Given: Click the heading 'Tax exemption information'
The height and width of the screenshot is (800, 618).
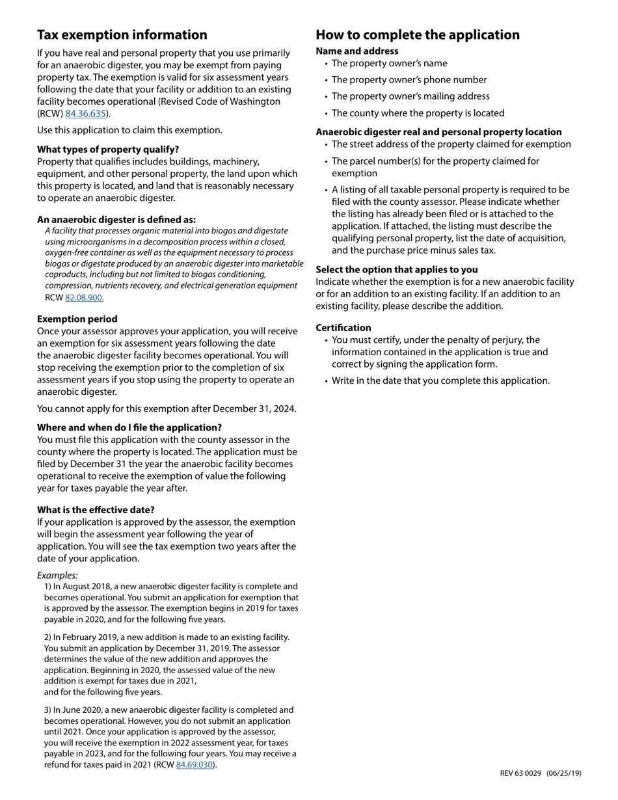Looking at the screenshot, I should click(x=122, y=35).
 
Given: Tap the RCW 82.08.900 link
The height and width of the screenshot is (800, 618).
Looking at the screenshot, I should click(x=84, y=298).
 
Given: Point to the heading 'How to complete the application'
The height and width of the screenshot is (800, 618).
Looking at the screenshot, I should click(x=418, y=35).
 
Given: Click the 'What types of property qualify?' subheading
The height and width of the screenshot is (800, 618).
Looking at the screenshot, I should click(x=108, y=149).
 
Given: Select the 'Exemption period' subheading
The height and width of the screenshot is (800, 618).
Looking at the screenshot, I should click(x=77, y=319).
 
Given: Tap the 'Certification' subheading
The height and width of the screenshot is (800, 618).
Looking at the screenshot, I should click(x=343, y=328).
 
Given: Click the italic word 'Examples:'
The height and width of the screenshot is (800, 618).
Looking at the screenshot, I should click(x=57, y=575).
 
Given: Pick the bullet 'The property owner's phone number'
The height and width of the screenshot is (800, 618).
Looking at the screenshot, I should click(x=409, y=80).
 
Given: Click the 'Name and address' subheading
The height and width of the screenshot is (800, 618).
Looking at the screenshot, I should click(x=357, y=51).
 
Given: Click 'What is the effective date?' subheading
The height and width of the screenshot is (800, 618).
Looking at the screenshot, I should click(x=96, y=510).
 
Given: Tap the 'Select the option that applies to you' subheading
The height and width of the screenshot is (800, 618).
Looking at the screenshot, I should click(x=397, y=269).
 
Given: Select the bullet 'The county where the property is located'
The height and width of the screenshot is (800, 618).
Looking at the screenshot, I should click(x=418, y=113).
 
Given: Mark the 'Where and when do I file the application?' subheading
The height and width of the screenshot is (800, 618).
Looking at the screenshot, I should click(x=129, y=427).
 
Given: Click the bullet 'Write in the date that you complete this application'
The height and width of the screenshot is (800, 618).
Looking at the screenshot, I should click(x=440, y=380).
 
